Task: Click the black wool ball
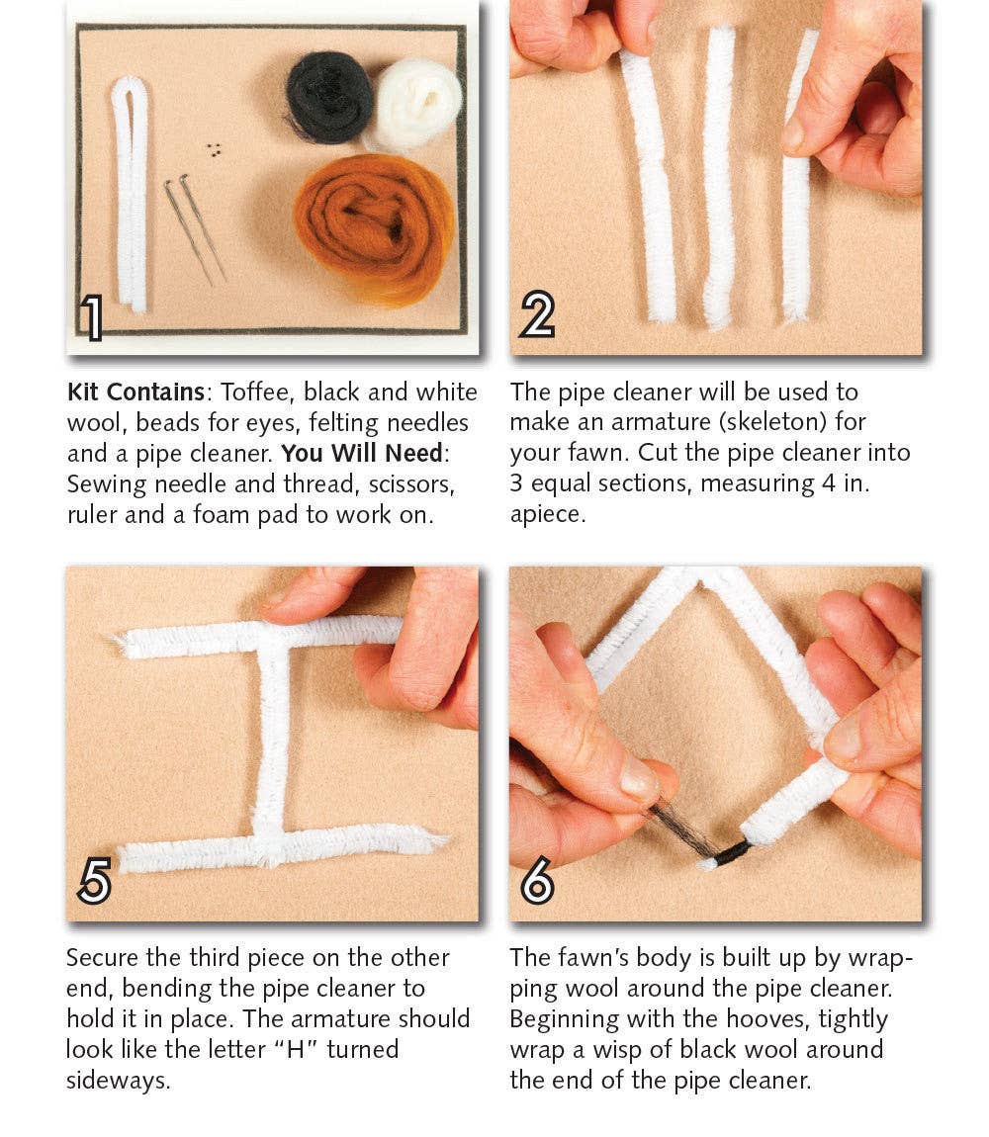(x=329, y=97)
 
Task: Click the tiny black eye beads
(x=214, y=149)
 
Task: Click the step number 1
(x=91, y=318)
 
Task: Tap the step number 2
(x=537, y=316)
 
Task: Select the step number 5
(x=94, y=882)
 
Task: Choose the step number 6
(x=537, y=883)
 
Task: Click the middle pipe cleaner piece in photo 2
(x=718, y=178)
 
